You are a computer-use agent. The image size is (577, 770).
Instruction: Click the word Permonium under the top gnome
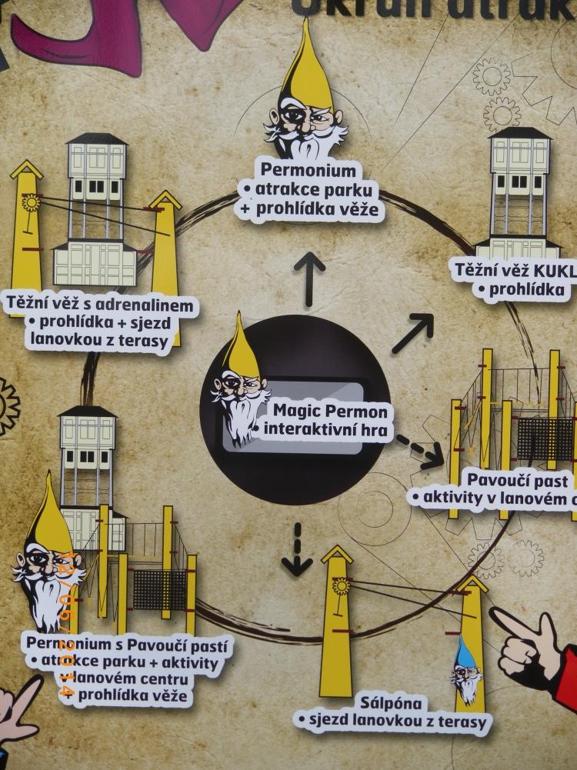click(x=309, y=169)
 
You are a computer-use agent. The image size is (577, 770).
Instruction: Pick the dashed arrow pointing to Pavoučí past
click(x=421, y=452)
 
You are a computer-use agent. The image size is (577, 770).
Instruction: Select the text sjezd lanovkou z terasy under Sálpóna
click(x=392, y=722)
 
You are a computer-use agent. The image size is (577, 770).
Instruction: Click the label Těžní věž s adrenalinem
click(x=100, y=305)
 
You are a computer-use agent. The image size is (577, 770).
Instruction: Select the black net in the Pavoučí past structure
click(x=544, y=438)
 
